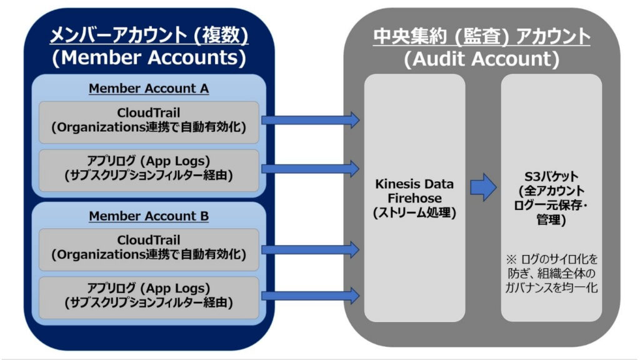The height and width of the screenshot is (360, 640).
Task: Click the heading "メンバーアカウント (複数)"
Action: pyautogui.click(x=149, y=36)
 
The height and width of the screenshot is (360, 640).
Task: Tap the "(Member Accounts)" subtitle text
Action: pyautogui.click(x=149, y=58)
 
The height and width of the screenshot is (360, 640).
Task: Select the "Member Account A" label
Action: pyautogui.click(x=149, y=88)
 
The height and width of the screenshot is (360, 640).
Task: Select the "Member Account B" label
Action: pyautogui.click(x=149, y=216)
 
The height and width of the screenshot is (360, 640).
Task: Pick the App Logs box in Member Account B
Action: pyautogui.click(x=149, y=296)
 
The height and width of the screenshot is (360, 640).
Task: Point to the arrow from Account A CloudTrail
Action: pyautogui.click(x=310, y=119)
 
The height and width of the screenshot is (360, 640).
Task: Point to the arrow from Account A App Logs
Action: pyautogui.click(x=310, y=168)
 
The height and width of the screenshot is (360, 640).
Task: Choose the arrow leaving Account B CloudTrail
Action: pyautogui.click(x=310, y=250)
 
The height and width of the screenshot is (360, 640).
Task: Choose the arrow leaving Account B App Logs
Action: pyautogui.click(x=310, y=296)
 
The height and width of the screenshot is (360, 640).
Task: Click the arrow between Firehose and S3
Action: pyautogui.click(x=483, y=187)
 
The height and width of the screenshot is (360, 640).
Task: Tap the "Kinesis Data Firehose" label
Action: pyautogui.click(x=415, y=191)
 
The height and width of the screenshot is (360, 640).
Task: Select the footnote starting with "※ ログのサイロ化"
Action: pyautogui.click(x=551, y=272)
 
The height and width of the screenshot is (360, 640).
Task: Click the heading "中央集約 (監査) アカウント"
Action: pyautogui.click(x=481, y=36)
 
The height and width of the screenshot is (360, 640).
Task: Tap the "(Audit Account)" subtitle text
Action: pyautogui.click(x=481, y=59)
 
